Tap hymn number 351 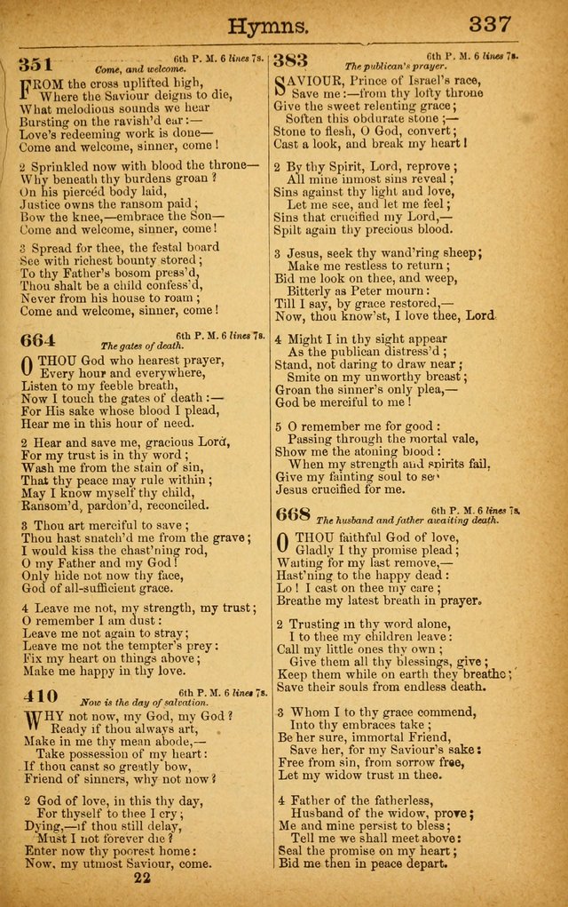click(x=36, y=64)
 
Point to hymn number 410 click(x=36, y=696)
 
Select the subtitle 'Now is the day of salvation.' click(x=146, y=701)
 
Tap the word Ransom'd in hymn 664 click(x=52, y=505)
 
